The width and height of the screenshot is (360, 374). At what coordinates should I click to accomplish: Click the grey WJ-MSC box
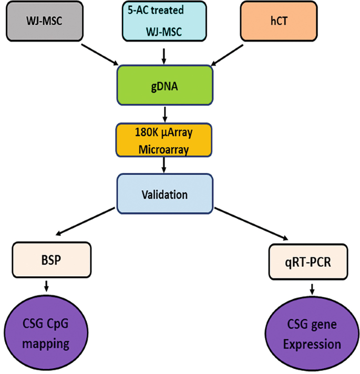[x=46, y=21]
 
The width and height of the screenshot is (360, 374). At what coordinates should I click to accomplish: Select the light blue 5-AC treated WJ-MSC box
[x=165, y=21]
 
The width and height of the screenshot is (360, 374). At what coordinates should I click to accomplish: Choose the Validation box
[x=164, y=194]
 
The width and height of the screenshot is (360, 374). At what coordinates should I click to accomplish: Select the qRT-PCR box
[x=308, y=261]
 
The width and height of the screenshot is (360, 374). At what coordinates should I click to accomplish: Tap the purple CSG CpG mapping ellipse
[x=47, y=332]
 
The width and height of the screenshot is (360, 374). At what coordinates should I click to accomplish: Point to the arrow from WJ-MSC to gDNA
[x=99, y=54]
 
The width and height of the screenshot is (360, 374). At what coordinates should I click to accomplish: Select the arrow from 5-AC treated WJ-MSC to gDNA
[x=164, y=54]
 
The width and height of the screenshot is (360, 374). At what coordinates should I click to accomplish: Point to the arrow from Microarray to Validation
[x=164, y=166]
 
